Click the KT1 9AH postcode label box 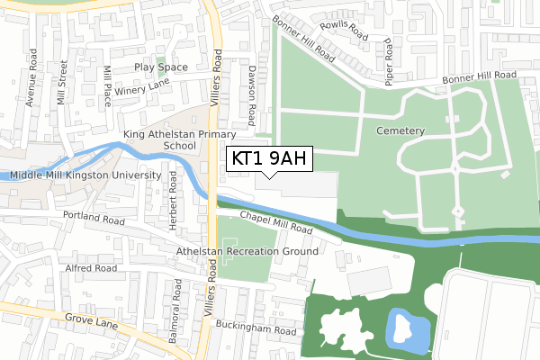[x=269, y=159]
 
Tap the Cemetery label [x=400, y=130]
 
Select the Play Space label [x=161, y=67]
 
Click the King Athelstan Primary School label [x=172, y=139]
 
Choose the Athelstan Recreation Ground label [x=247, y=251]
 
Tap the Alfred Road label [x=91, y=268]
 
